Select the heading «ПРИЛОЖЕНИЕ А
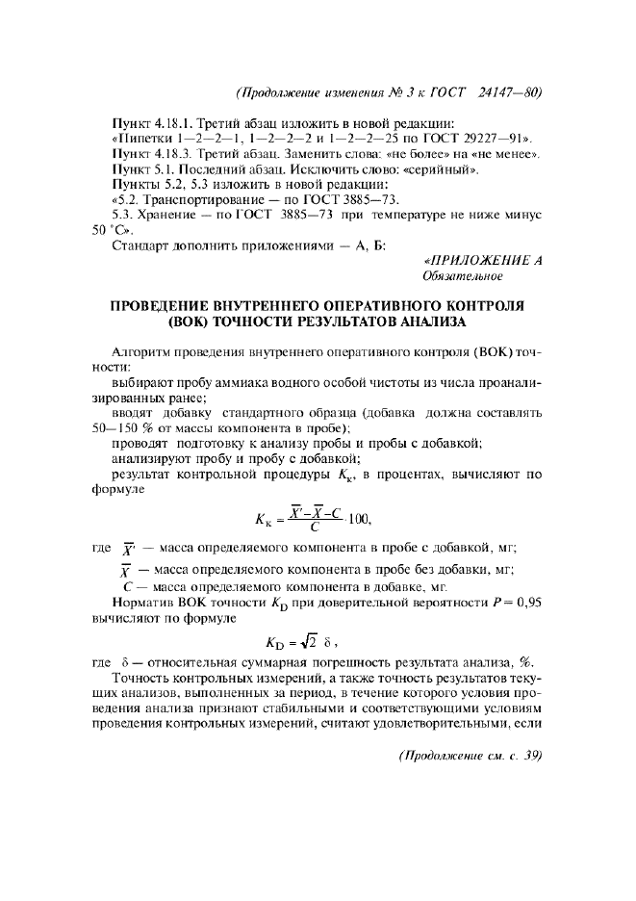(x=483, y=261)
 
